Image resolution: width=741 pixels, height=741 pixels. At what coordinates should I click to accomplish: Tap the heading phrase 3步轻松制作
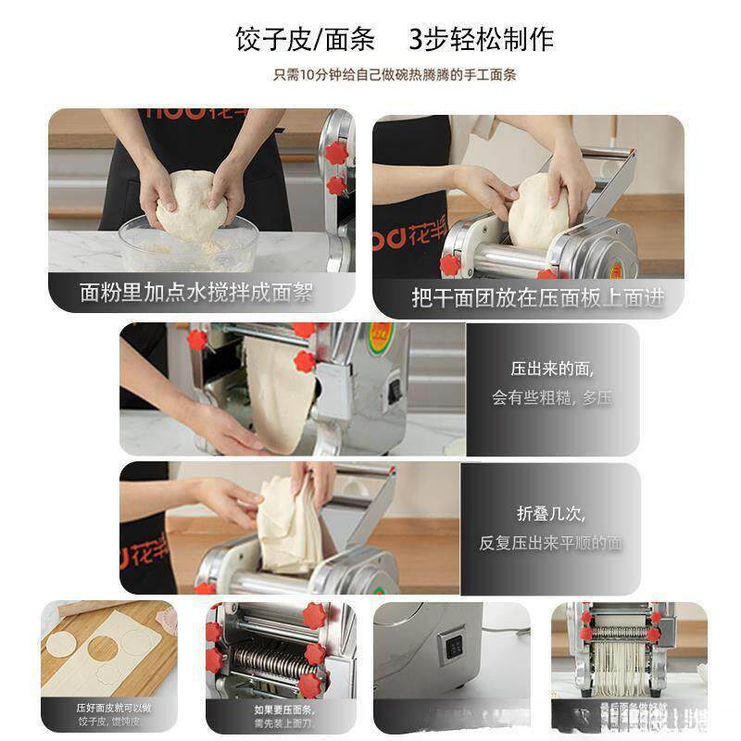tap(481, 40)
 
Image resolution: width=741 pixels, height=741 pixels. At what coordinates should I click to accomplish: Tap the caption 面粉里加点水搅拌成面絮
tap(196, 294)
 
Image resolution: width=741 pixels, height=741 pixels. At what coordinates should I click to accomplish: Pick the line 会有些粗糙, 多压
tap(551, 398)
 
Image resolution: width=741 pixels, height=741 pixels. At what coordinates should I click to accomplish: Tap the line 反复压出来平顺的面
tap(550, 543)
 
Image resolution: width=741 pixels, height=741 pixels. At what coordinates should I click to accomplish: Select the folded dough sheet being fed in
tap(291, 523)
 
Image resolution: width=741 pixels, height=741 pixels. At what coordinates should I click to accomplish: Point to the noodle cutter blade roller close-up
tap(269, 661)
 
